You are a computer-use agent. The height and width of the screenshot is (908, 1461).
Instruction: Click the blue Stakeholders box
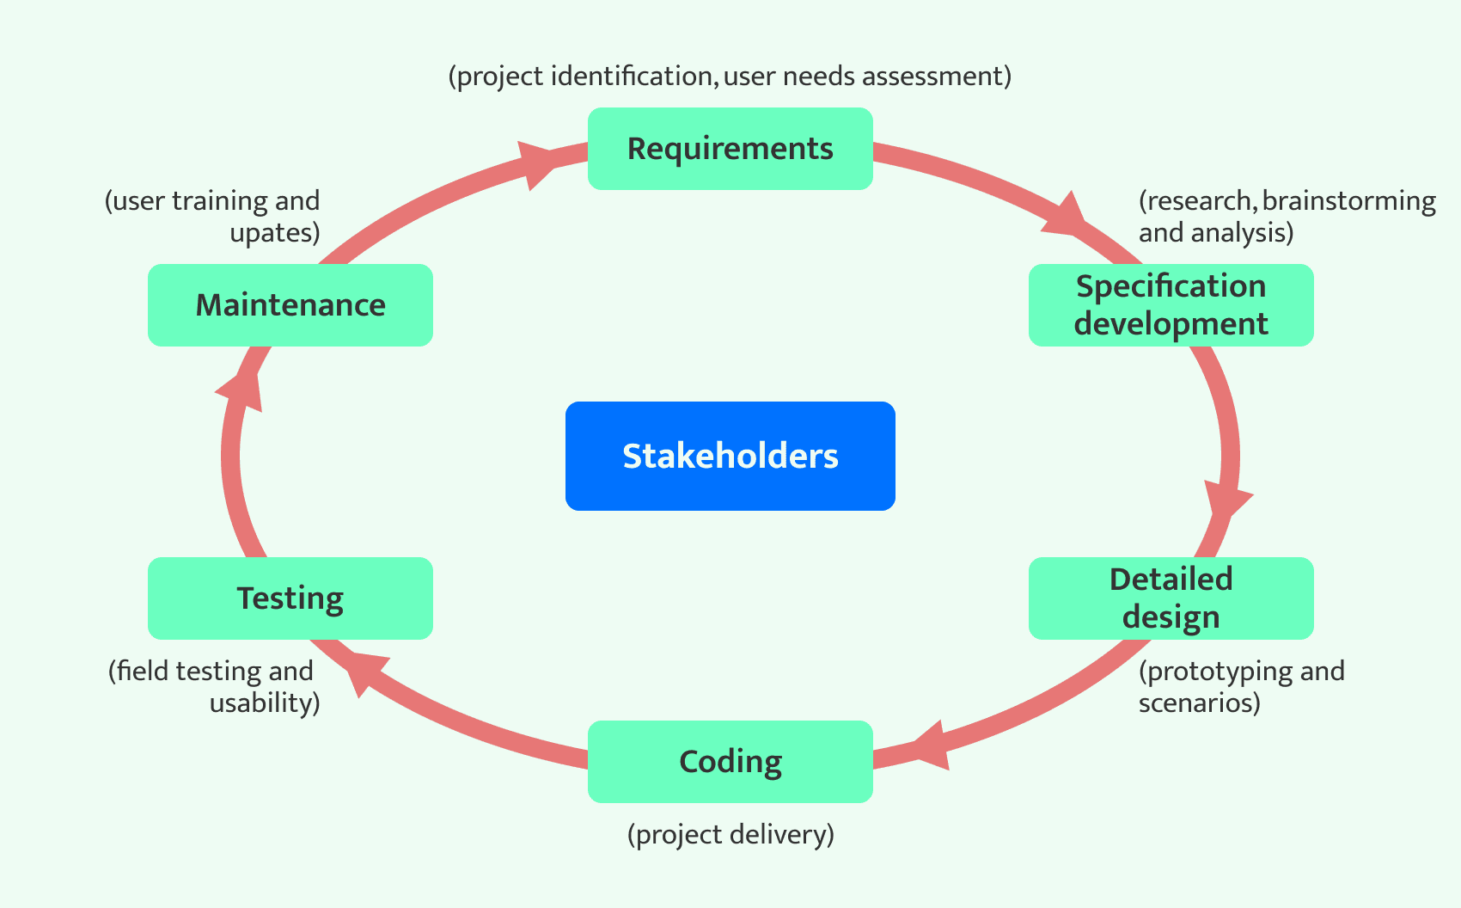click(x=730, y=456)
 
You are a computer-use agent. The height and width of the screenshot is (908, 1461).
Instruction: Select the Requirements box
click(x=730, y=149)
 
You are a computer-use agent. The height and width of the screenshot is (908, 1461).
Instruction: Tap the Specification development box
click(x=1171, y=305)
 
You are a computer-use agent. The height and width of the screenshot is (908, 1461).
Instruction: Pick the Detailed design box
click(x=1171, y=598)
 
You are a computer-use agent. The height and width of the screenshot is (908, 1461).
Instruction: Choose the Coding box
click(x=730, y=762)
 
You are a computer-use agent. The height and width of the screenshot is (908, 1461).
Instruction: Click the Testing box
click(x=290, y=598)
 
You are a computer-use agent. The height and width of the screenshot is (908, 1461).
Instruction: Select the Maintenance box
click(x=290, y=305)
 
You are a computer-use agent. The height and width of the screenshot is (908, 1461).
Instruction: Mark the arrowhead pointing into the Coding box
click(x=930, y=745)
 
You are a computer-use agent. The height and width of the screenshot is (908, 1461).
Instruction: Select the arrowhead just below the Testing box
click(x=363, y=673)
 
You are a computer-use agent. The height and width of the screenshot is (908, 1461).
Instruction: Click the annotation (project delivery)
click(x=730, y=835)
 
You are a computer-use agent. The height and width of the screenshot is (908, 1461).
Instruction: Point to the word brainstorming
click(x=1349, y=201)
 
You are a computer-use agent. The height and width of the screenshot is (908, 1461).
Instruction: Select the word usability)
click(x=265, y=703)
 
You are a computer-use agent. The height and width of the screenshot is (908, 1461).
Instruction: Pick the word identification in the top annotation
click(x=632, y=77)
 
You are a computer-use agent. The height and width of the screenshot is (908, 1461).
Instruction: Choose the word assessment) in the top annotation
click(x=937, y=77)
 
